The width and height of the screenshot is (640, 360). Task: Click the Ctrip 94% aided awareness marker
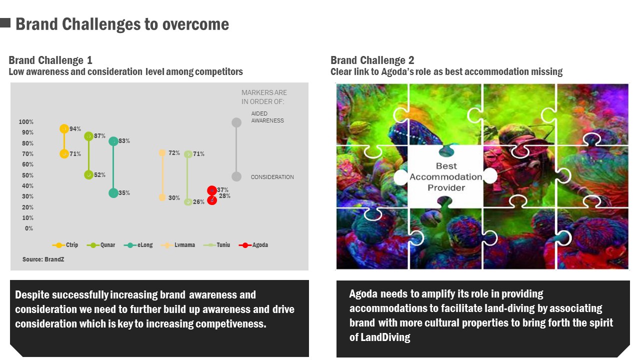click(64, 129)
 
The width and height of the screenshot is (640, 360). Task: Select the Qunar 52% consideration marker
click(88, 175)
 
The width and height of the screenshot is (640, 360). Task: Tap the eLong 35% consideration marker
click(113, 193)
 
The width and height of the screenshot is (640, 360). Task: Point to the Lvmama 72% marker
click(162, 153)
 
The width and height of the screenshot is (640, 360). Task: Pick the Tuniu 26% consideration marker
click(188, 202)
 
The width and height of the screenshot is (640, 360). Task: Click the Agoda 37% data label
click(222, 189)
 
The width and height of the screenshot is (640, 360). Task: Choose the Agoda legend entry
click(253, 245)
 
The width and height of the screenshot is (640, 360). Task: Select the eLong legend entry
click(138, 245)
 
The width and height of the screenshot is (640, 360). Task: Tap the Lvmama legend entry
click(178, 245)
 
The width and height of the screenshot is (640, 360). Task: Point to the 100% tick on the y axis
click(26, 122)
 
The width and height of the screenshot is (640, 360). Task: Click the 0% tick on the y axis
click(29, 228)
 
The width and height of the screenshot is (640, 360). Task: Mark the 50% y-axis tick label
click(27, 175)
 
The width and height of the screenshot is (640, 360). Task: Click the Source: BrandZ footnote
click(43, 259)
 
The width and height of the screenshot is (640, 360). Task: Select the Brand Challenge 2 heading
click(372, 60)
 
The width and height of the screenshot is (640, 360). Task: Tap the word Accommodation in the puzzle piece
click(445, 177)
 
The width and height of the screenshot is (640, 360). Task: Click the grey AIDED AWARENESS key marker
click(236, 122)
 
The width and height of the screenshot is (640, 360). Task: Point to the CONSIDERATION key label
click(272, 177)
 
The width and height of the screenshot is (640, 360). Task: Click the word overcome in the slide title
click(195, 24)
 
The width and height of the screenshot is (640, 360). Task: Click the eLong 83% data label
click(124, 141)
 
